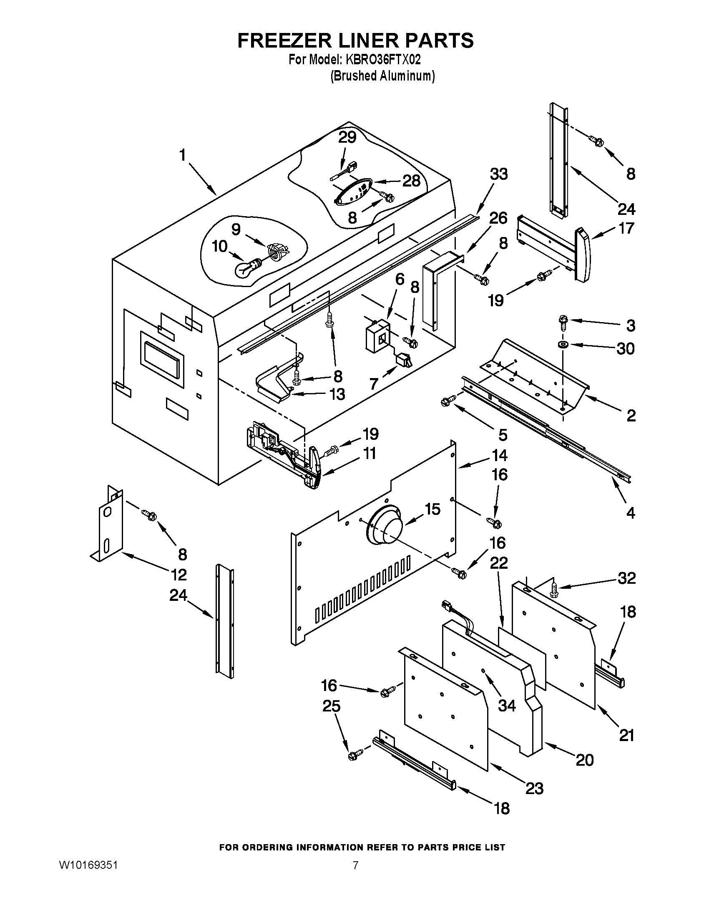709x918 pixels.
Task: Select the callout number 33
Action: (x=498, y=174)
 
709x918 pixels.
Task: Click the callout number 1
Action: (x=182, y=155)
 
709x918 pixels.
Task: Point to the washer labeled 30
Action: (x=563, y=345)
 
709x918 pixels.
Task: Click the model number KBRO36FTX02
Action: (x=382, y=60)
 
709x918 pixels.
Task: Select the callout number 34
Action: (x=506, y=705)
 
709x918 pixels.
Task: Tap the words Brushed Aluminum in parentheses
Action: (x=382, y=76)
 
